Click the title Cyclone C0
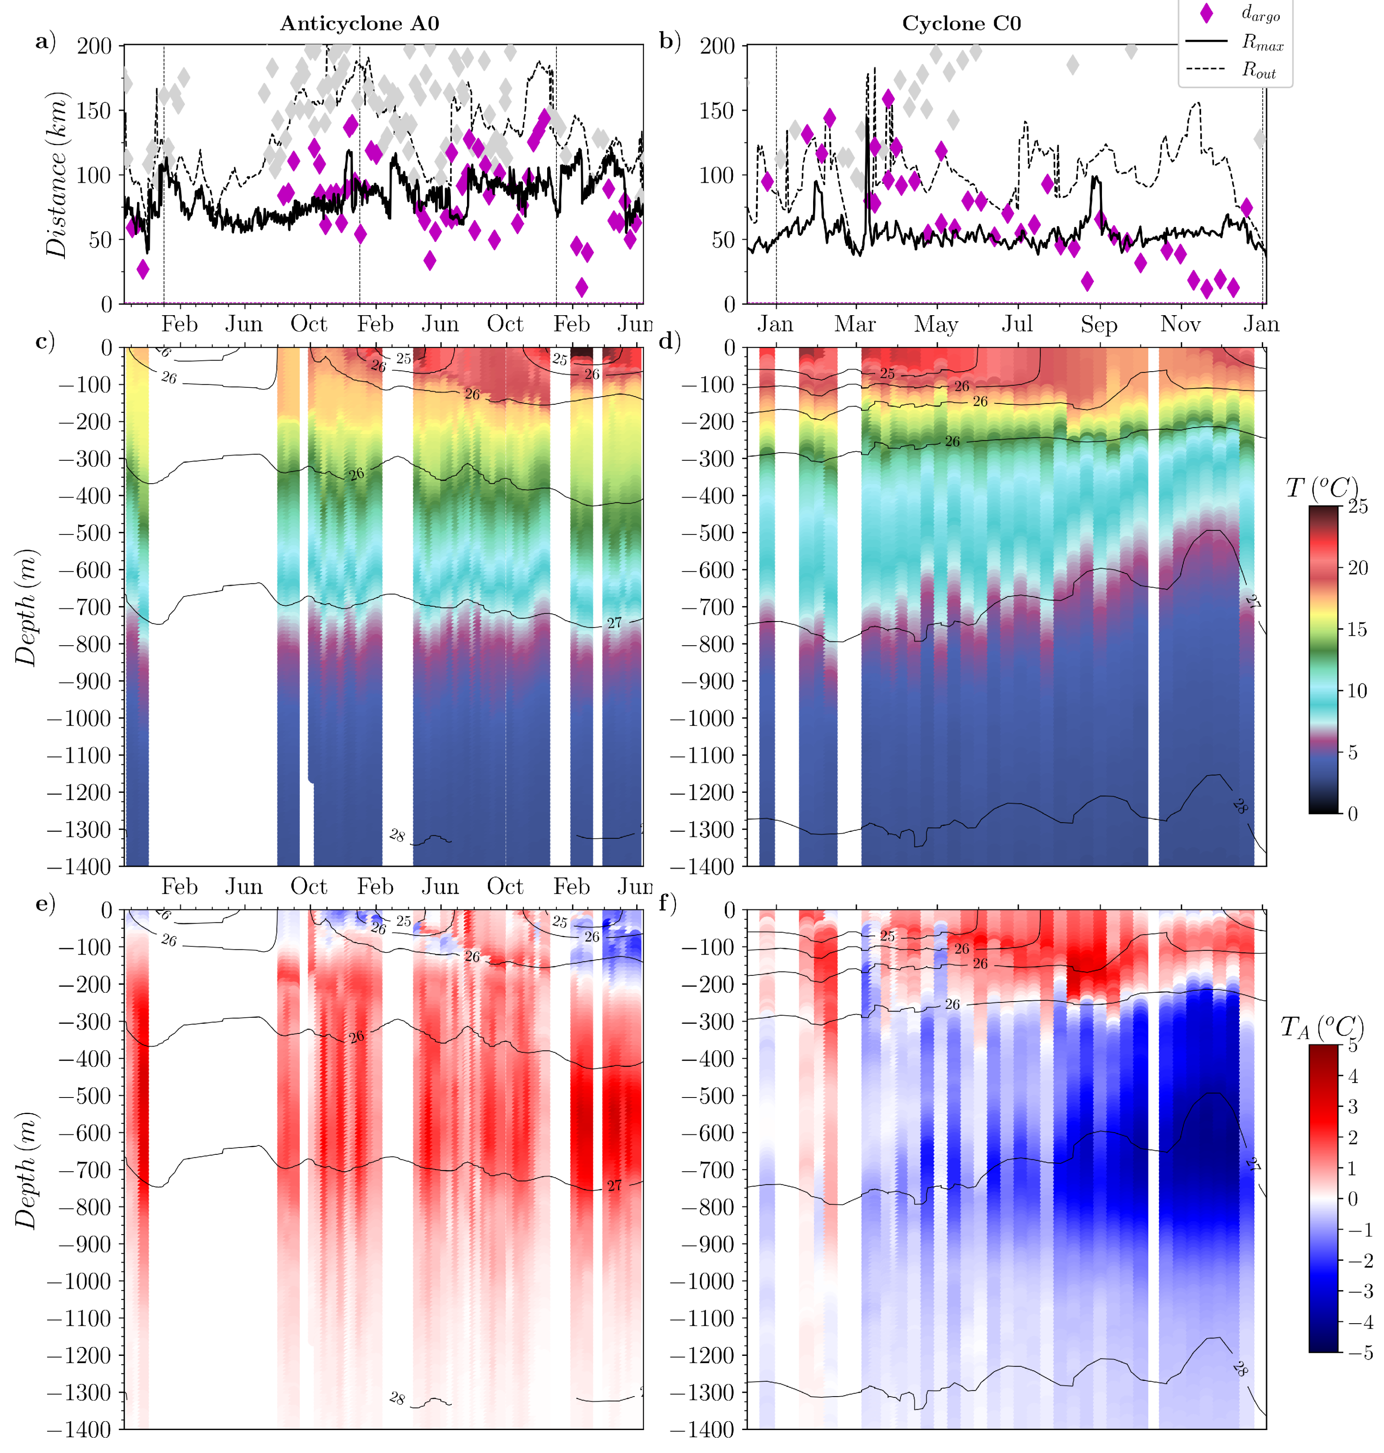click(x=961, y=24)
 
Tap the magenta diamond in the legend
click(x=1206, y=13)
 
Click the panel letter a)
click(x=46, y=41)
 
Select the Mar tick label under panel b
click(x=855, y=325)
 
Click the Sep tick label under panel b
click(x=1099, y=325)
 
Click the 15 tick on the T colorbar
click(x=1357, y=630)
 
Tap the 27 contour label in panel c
click(x=614, y=624)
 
